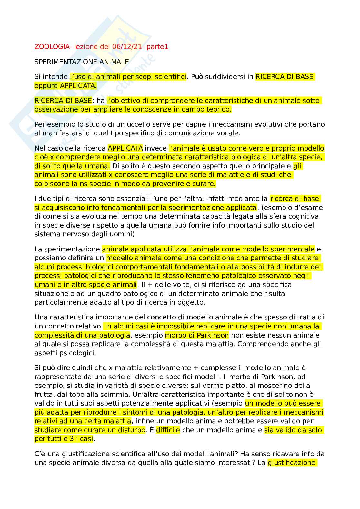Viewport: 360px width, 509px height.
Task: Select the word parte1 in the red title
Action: (158, 47)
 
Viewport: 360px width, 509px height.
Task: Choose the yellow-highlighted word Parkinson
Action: (213, 335)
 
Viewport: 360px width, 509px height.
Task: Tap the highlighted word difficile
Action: (168, 430)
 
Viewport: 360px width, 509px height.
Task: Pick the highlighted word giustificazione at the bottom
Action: (291, 463)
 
